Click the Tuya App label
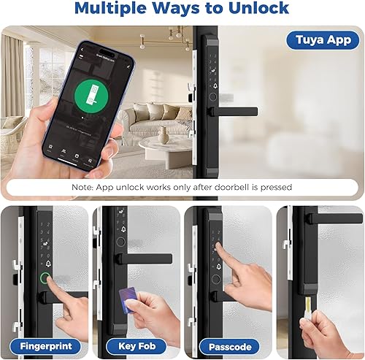(322, 40)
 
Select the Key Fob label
(136, 345)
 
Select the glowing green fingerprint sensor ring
(47, 280)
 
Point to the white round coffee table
(162, 149)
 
